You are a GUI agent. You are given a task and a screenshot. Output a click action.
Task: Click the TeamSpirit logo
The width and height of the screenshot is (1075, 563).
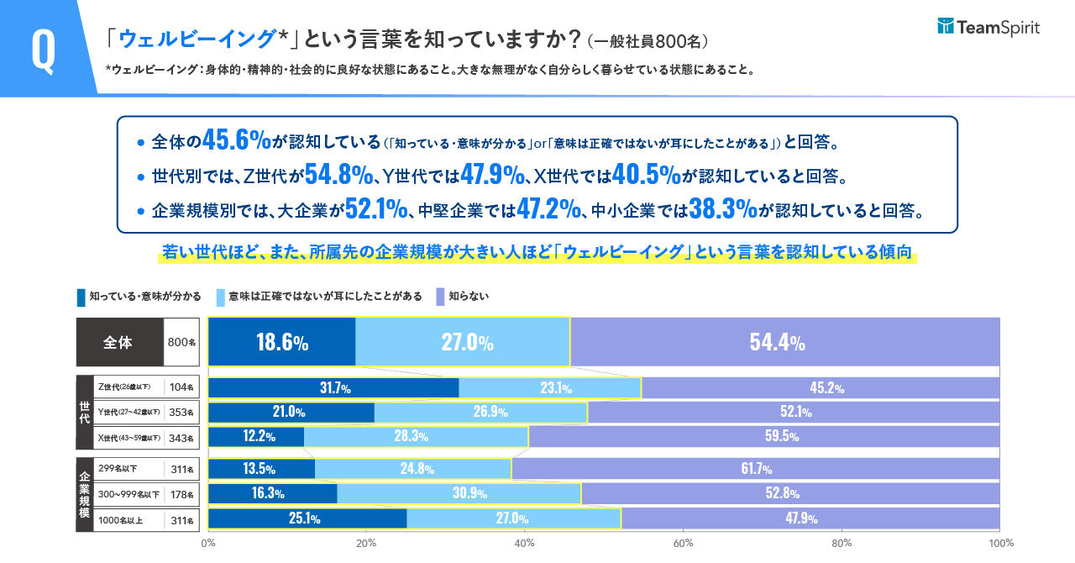(988, 28)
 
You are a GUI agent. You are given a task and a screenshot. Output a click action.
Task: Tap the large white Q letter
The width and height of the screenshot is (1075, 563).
(43, 49)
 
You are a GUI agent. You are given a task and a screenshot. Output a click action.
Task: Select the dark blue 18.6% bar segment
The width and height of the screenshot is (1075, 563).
(281, 342)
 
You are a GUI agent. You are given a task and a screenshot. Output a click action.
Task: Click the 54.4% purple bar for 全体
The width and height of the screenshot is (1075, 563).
(785, 342)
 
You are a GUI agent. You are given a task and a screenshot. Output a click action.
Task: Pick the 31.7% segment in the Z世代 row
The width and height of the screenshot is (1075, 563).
(333, 388)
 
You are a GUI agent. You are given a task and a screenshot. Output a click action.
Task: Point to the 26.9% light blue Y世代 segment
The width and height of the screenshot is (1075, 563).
(480, 413)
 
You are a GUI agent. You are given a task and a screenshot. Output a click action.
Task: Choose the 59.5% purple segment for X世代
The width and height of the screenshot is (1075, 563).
(764, 437)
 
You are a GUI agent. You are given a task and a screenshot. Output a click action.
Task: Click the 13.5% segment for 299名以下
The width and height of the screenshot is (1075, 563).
(261, 469)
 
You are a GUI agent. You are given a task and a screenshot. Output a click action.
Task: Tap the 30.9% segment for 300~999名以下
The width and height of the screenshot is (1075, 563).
(459, 493)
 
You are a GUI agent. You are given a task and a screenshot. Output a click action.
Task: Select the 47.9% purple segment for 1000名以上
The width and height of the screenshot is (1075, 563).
(810, 518)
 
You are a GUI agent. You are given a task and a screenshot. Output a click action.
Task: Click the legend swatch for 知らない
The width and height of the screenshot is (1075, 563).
(439, 297)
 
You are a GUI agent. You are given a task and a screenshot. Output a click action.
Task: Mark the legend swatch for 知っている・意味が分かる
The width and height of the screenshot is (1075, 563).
(81, 297)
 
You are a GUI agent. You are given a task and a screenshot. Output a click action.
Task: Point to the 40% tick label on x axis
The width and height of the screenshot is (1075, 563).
(525, 543)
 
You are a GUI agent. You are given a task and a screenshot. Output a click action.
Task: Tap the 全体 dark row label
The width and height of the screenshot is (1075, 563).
(119, 342)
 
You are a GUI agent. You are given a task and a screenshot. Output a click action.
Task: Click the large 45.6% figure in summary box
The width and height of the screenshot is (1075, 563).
(236, 141)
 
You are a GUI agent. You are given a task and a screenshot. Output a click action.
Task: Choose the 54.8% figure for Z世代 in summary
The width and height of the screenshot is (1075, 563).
(338, 175)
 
